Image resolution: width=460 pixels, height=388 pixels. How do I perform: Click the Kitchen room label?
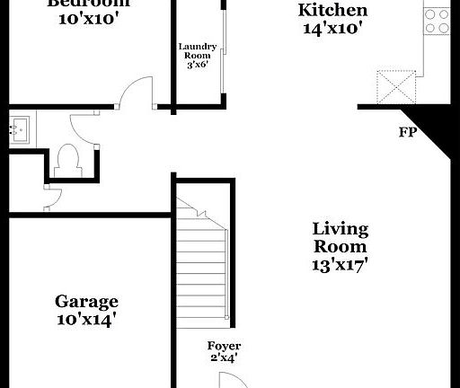[332, 10]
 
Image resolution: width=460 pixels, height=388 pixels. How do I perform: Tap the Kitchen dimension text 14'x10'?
[332, 28]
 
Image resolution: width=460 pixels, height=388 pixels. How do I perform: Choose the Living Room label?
[340, 237]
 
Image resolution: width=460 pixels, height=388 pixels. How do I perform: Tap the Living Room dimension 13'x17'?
[340, 265]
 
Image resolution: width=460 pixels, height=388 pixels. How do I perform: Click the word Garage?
[86, 301]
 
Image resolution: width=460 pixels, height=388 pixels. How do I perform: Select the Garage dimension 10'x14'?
[86, 319]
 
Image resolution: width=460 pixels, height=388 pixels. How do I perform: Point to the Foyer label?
[224, 347]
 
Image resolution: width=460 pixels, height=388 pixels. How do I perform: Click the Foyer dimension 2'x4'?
[224, 359]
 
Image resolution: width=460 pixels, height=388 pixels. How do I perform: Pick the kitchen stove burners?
[437, 21]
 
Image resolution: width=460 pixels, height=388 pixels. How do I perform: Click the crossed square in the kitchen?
[395, 86]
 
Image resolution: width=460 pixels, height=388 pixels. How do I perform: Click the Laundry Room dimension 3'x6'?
[197, 64]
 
